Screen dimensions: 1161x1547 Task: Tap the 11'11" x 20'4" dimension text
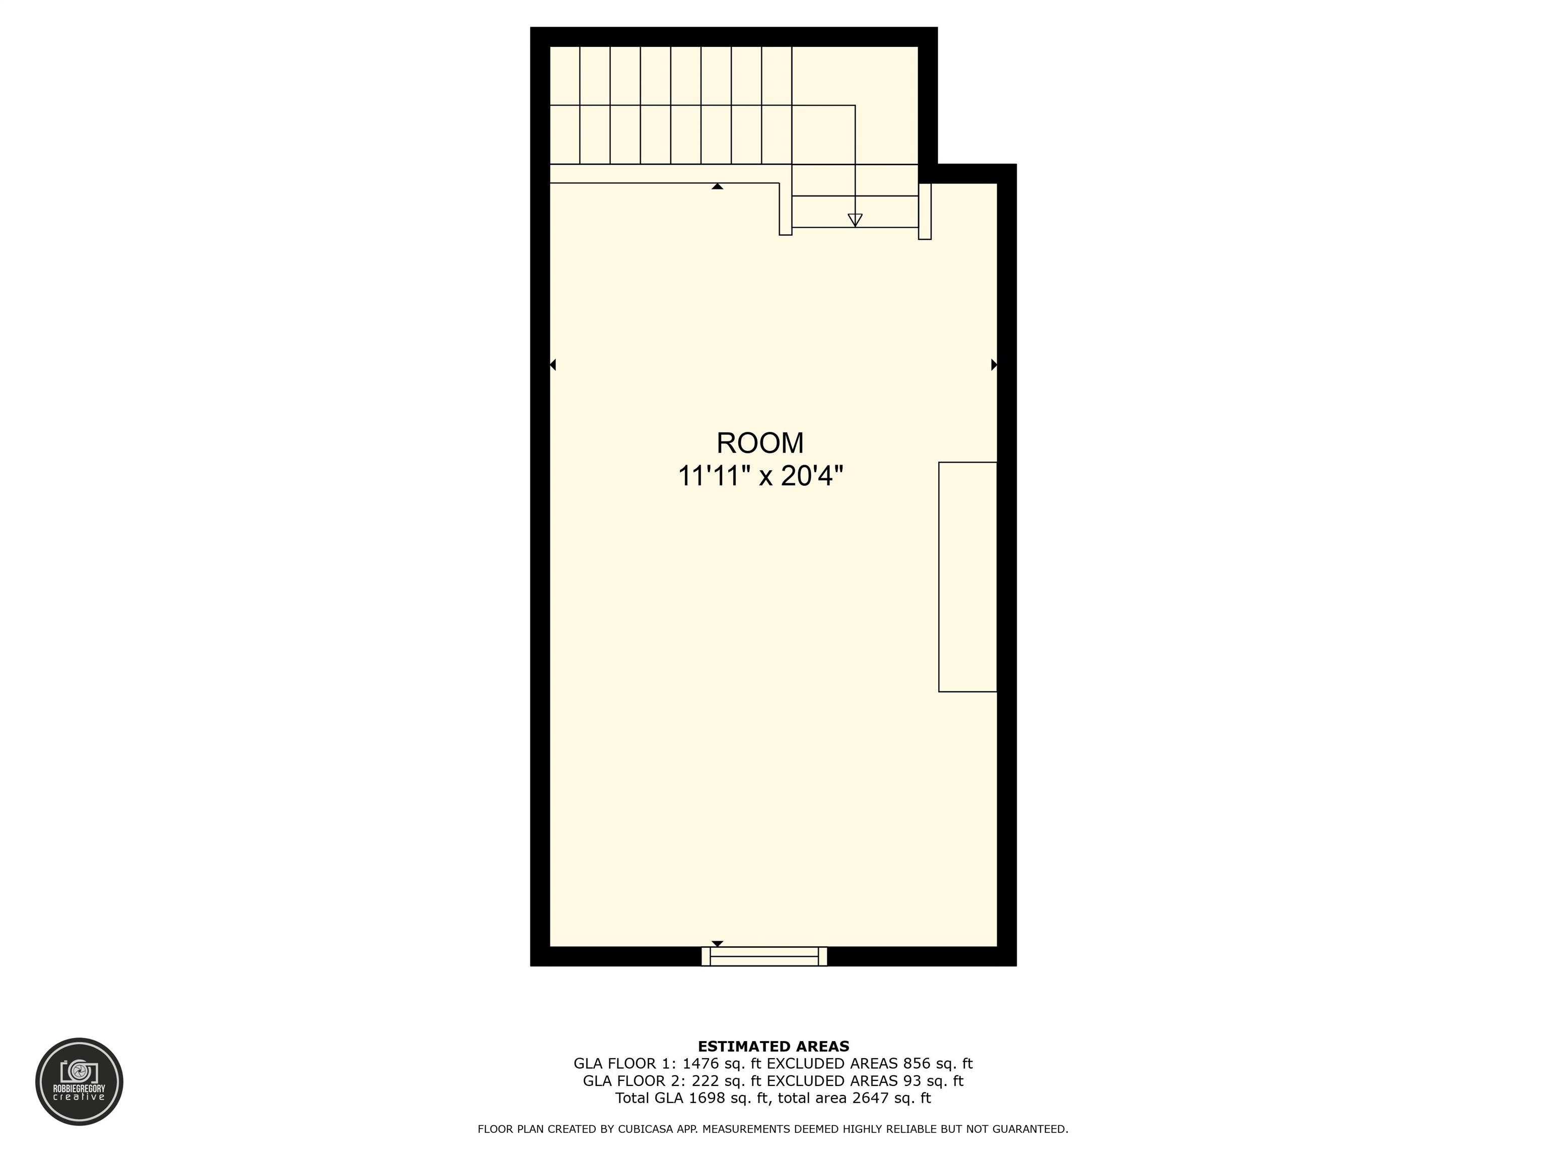[760, 477]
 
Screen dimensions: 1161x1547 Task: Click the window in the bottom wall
[764, 956]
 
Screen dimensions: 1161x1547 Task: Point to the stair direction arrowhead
[855, 220]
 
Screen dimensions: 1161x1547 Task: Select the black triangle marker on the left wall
[552, 365]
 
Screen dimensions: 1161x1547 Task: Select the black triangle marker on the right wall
[994, 365]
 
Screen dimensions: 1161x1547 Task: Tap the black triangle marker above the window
[717, 943]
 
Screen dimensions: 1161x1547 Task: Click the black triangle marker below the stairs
[717, 186]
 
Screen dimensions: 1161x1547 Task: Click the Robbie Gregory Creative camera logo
[79, 1081]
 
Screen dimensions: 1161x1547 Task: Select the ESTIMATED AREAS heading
[773, 1046]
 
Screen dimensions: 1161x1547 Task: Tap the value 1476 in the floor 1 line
[701, 1064]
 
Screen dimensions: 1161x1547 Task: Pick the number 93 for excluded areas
[912, 1080]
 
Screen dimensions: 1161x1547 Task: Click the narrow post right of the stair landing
[925, 211]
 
